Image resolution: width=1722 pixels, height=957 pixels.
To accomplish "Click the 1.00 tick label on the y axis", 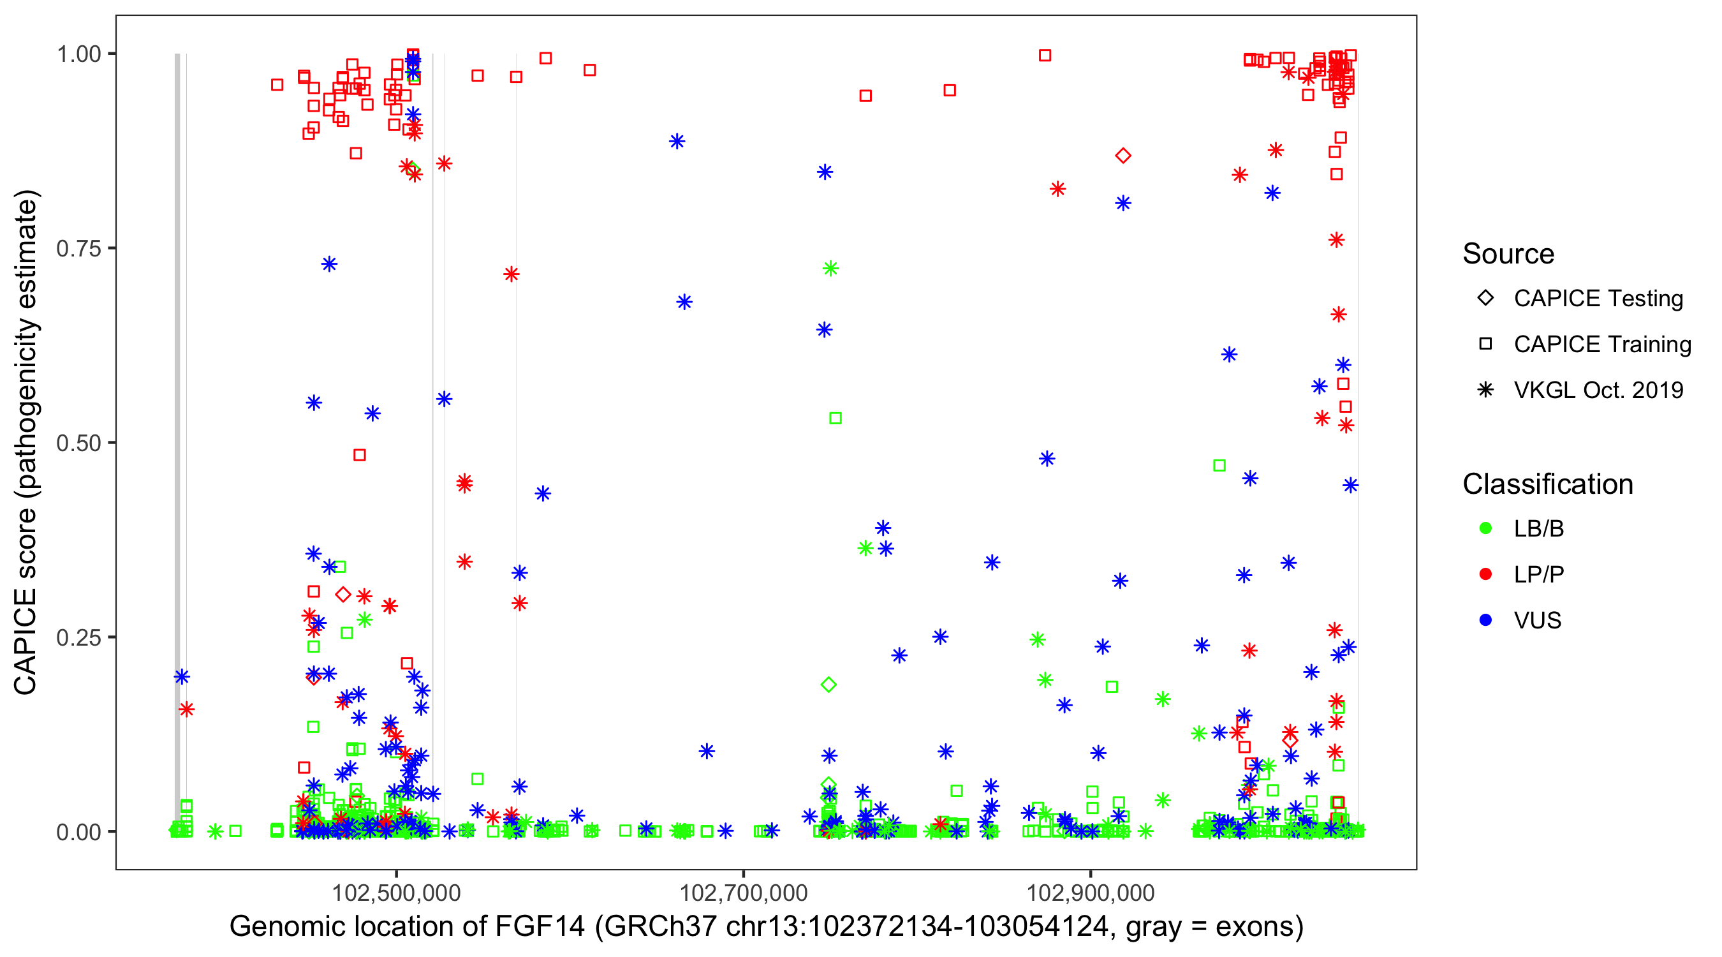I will (x=78, y=54).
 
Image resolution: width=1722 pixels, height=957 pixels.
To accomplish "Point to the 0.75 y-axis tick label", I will (x=78, y=249).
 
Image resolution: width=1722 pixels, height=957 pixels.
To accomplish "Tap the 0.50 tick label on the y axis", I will (x=78, y=443).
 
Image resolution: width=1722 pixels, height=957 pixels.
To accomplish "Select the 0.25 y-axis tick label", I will (x=78, y=637).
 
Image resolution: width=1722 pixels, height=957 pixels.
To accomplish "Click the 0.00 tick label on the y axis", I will (x=78, y=832).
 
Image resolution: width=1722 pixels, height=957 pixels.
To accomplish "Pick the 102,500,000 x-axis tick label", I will (x=397, y=893).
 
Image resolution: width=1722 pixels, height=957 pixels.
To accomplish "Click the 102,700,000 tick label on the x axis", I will (x=744, y=893).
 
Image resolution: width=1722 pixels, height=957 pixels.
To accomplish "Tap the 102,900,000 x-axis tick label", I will (x=1091, y=893).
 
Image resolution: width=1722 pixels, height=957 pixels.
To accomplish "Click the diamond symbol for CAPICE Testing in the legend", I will (x=1485, y=299).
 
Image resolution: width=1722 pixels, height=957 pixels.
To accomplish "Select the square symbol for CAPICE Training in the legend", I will (x=1485, y=345).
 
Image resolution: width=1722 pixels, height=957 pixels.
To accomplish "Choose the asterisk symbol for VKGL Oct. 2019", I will (x=1485, y=390).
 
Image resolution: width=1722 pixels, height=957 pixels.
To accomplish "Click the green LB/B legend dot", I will (x=1485, y=528).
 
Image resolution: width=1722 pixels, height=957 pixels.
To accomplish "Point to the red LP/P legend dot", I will (x=1485, y=574).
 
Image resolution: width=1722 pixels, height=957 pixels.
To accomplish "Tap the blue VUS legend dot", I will (x=1485, y=620).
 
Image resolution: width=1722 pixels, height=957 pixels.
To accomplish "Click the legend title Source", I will (x=1508, y=254).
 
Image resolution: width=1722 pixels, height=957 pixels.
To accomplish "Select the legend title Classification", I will (x=1547, y=484).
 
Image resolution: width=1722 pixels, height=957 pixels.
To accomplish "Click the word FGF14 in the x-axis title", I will (x=540, y=927).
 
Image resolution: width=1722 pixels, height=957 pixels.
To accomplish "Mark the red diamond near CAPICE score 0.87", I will (x=1123, y=156).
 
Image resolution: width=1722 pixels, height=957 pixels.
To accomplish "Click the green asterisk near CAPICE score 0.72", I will (x=830, y=269).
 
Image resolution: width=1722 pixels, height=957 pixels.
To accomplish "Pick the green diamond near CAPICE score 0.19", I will (x=828, y=684).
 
